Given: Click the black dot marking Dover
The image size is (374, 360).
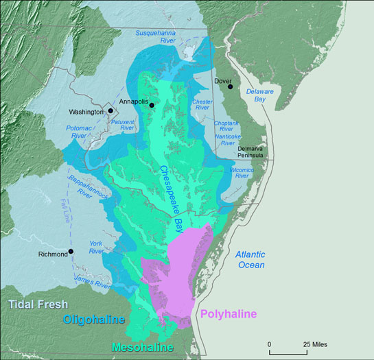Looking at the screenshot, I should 231,86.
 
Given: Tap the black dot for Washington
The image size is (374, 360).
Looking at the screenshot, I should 110,110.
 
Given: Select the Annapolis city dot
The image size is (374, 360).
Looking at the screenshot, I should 152,105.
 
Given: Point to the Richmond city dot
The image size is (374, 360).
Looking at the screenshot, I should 71,252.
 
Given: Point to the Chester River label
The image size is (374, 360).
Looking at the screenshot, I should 202,104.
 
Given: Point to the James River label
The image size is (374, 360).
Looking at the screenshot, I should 93,283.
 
